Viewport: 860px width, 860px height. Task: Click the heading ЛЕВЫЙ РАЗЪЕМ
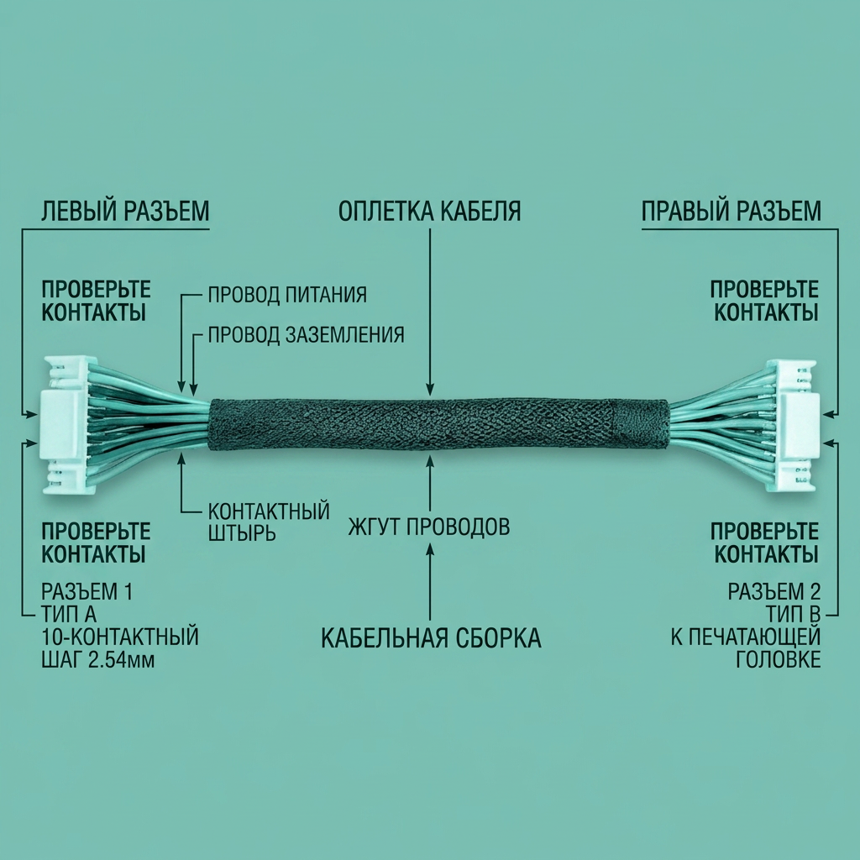click(125, 211)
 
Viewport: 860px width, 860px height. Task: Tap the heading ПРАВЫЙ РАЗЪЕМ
click(732, 211)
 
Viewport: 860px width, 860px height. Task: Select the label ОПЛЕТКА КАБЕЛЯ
click(429, 211)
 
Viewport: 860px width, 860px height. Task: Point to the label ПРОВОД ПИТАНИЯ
click(287, 295)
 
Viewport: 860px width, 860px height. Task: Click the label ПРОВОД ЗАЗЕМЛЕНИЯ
click(306, 334)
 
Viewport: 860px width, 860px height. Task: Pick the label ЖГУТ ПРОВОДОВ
click(429, 527)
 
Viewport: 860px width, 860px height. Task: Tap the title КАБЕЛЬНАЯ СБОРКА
click(431, 638)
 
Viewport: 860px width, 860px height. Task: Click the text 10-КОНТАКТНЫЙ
click(119, 637)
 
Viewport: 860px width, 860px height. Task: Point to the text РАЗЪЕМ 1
click(87, 592)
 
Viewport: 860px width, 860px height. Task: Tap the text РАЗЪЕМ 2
click(774, 592)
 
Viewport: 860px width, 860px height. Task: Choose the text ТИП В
click(793, 614)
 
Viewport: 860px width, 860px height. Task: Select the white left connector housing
click(65, 426)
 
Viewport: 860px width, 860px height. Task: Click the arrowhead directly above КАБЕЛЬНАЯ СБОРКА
click(430, 549)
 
